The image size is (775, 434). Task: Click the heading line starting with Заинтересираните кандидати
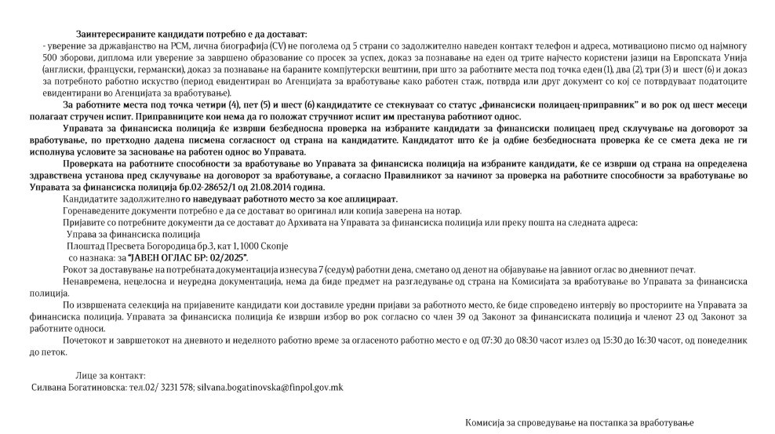point(191,35)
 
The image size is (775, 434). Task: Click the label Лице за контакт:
point(111,377)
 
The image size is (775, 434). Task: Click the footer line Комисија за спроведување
point(580,423)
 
